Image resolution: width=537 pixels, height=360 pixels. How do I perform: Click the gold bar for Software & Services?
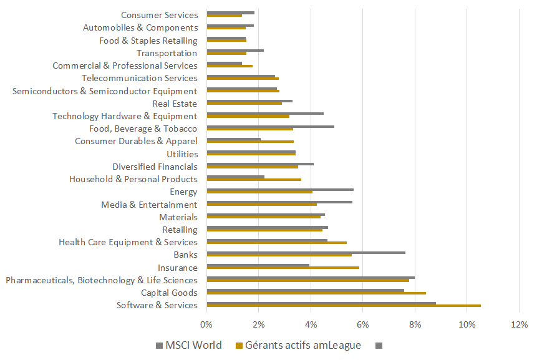[343, 306]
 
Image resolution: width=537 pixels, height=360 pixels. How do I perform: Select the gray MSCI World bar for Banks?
[306, 253]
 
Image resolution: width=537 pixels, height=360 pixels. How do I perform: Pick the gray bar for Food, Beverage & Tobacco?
[270, 126]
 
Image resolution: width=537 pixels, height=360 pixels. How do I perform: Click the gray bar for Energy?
[279, 189]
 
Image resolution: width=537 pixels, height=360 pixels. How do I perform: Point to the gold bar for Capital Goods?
[316, 293]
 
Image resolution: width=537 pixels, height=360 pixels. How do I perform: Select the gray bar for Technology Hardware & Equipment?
[265, 114]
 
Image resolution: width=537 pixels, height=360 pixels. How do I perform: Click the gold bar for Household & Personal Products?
[253, 180]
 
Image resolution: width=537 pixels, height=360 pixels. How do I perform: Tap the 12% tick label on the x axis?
[519, 324]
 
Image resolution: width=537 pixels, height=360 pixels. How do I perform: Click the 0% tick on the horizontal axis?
[206, 324]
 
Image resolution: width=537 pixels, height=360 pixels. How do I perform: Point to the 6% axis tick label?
[362, 324]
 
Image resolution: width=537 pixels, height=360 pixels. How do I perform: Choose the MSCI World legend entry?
[188, 345]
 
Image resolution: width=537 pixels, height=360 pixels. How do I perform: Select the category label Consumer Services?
[159, 15]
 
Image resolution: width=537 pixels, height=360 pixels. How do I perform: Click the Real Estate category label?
[175, 104]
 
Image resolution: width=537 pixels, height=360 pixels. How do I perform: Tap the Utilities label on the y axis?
[182, 154]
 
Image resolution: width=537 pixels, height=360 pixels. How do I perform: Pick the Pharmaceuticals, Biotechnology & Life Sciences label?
[102, 280]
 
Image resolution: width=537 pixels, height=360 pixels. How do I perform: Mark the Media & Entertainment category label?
[149, 205]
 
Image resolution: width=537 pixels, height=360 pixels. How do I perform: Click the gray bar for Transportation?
[235, 50]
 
